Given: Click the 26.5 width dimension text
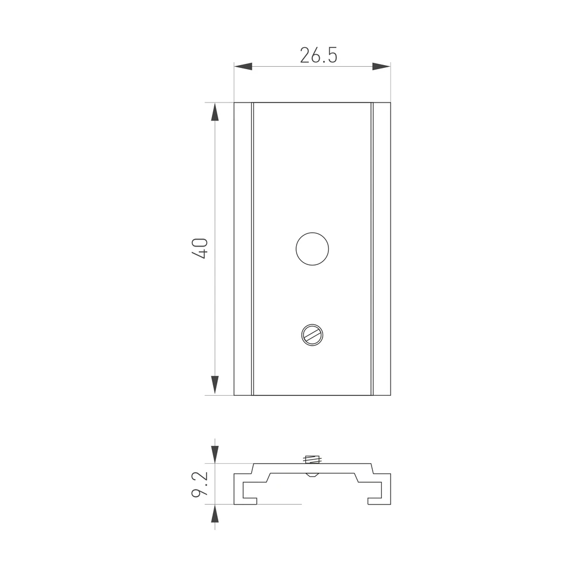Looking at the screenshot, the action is [319, 55].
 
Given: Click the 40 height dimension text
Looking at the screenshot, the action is [200, 249].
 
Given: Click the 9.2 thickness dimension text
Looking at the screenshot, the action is [200, 484].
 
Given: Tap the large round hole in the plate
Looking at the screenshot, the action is [312, 249].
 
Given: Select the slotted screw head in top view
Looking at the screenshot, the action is [312, 335].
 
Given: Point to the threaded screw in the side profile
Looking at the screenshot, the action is [312, 459].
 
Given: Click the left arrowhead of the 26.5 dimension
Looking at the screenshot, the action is [243, 66].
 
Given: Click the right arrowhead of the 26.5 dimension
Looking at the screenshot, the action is [381, 66].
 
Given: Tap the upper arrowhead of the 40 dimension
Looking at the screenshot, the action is [215, 112].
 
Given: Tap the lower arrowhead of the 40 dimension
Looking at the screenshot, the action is [215, 386].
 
